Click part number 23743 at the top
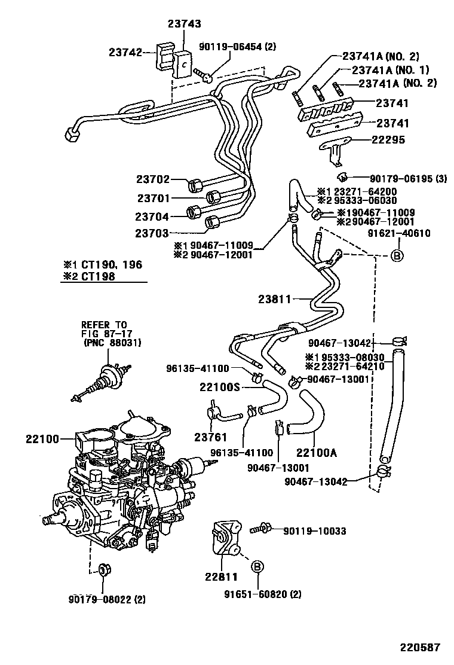click(184, 25)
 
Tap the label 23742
click(125, 52)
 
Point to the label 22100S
click(219, 388)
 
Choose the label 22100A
click(317, 453)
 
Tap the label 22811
click(221, 577)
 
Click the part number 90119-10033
click(315, 530)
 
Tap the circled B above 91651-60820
click(256, 566)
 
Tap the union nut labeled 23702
click(195, 184)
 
